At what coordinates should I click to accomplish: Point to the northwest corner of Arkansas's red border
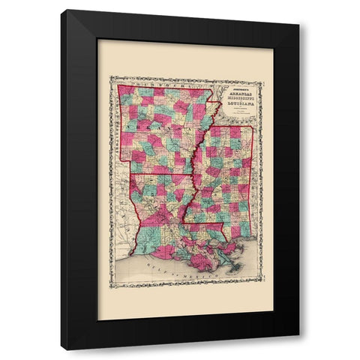[120, 85]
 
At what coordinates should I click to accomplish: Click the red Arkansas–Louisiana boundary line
[161, 174]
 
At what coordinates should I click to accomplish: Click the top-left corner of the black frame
[61, 10]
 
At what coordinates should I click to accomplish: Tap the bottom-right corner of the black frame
[298, 349]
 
